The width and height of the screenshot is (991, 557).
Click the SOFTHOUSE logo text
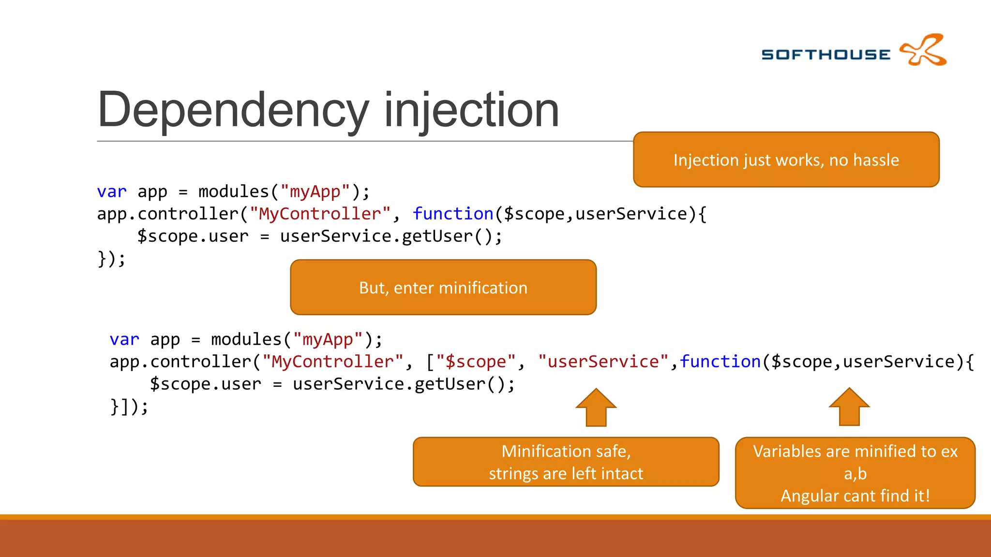826,55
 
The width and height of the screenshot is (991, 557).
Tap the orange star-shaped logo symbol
923,50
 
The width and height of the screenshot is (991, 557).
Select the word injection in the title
471,110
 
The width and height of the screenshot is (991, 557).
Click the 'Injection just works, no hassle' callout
786,160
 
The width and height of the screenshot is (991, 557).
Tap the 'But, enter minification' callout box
443,288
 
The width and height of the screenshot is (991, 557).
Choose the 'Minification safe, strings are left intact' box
566,462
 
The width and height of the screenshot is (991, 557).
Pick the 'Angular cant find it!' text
855,496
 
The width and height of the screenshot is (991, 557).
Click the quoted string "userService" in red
603,362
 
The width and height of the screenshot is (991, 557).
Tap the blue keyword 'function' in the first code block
453,214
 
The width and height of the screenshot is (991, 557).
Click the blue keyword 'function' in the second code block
721,362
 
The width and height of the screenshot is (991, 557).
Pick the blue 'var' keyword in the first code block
112,191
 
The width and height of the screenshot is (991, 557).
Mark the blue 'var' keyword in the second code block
124,339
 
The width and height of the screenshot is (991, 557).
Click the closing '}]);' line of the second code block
129,406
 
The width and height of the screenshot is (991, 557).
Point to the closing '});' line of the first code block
112,258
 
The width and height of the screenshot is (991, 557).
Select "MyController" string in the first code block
320,214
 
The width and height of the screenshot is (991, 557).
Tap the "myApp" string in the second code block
328,339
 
